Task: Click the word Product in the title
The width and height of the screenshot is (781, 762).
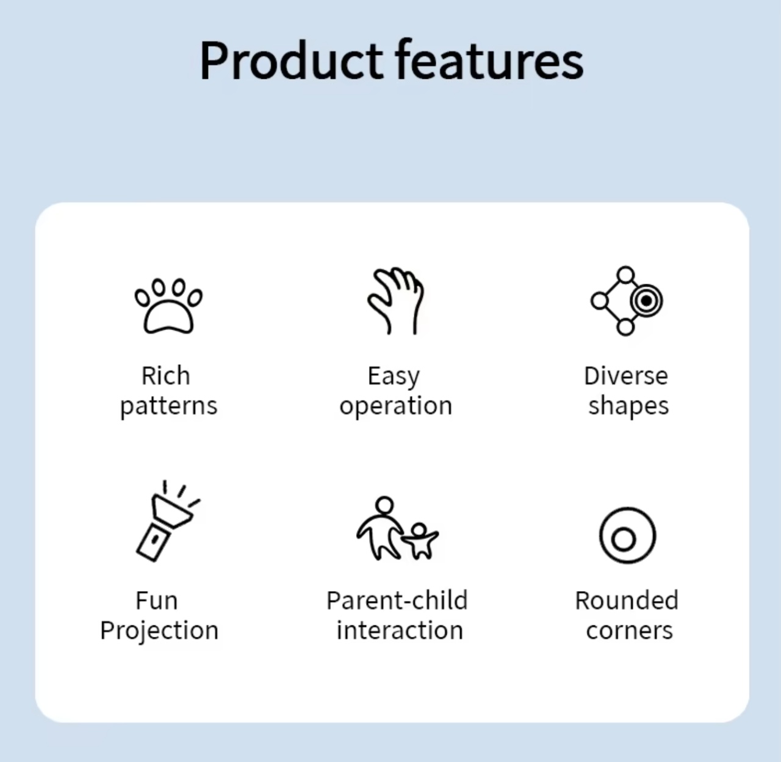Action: coord(292,60)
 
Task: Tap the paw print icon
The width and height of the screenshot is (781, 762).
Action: coord(168,306)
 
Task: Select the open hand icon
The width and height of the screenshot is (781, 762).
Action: coord(396,301)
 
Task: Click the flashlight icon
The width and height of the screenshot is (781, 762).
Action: coord(167,521)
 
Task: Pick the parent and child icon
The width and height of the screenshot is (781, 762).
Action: coord(397,528)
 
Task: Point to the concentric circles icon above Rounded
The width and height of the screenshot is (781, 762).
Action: coord(627,536)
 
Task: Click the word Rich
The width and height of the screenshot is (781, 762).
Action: coord(166,376)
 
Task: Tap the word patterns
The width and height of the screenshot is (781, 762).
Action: coord(168,406)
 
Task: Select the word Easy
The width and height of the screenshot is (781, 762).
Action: coord(394,377)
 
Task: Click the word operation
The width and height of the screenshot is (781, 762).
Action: coord(396,406)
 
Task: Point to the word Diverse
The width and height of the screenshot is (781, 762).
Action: coord(626,376)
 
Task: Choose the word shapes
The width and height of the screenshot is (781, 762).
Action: coord(628,406)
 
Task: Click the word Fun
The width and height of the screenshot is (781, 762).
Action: coord(157,601)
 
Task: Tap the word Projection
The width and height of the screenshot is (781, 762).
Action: coord(159,631)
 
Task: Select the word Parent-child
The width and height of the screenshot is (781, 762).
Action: coord(397,601)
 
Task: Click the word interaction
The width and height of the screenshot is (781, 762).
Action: coord(400,630)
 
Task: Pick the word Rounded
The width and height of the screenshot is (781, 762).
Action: coord(627,601)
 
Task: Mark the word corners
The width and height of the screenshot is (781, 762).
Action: coord(629,631)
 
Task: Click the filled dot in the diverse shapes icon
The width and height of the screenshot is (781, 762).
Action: coord(646,301)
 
